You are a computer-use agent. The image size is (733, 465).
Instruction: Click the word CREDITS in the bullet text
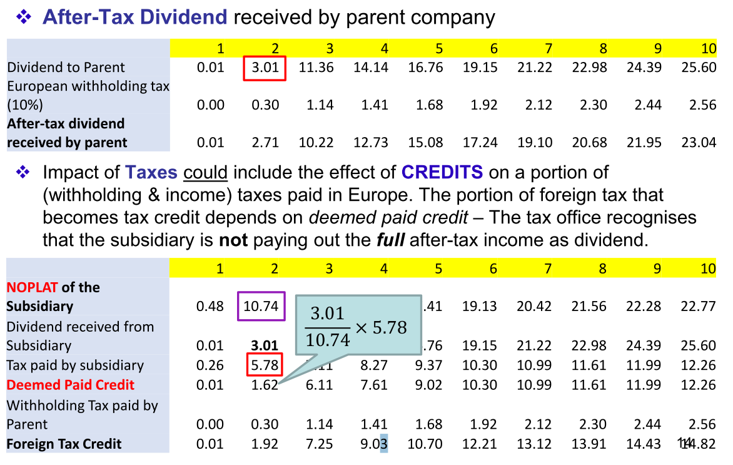(x=442, y=172)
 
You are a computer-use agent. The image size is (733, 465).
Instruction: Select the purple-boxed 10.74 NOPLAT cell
(x=261, y=306)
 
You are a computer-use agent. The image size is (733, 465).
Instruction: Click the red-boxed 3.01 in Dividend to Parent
(x=265, y=68)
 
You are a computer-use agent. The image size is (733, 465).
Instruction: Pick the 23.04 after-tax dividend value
(x=699, y=143)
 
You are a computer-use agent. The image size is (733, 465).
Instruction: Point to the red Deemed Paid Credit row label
(x=70, y=385)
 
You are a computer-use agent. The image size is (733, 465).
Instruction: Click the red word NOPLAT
(x=32, y=287)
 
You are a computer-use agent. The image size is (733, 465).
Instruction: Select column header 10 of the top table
(x=708, y=49)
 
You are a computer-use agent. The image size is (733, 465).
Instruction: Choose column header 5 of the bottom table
(x=438, y=269)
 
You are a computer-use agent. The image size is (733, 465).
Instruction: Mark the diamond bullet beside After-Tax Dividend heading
(x=24, y=18)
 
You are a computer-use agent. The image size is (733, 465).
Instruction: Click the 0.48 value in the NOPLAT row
(x=210, y=307)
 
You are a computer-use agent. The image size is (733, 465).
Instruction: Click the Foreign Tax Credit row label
(x=64, y=444)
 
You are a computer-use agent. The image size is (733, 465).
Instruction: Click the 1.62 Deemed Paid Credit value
(x=265, y=385)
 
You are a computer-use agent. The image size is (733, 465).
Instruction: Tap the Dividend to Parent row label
(x=66, y=68)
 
